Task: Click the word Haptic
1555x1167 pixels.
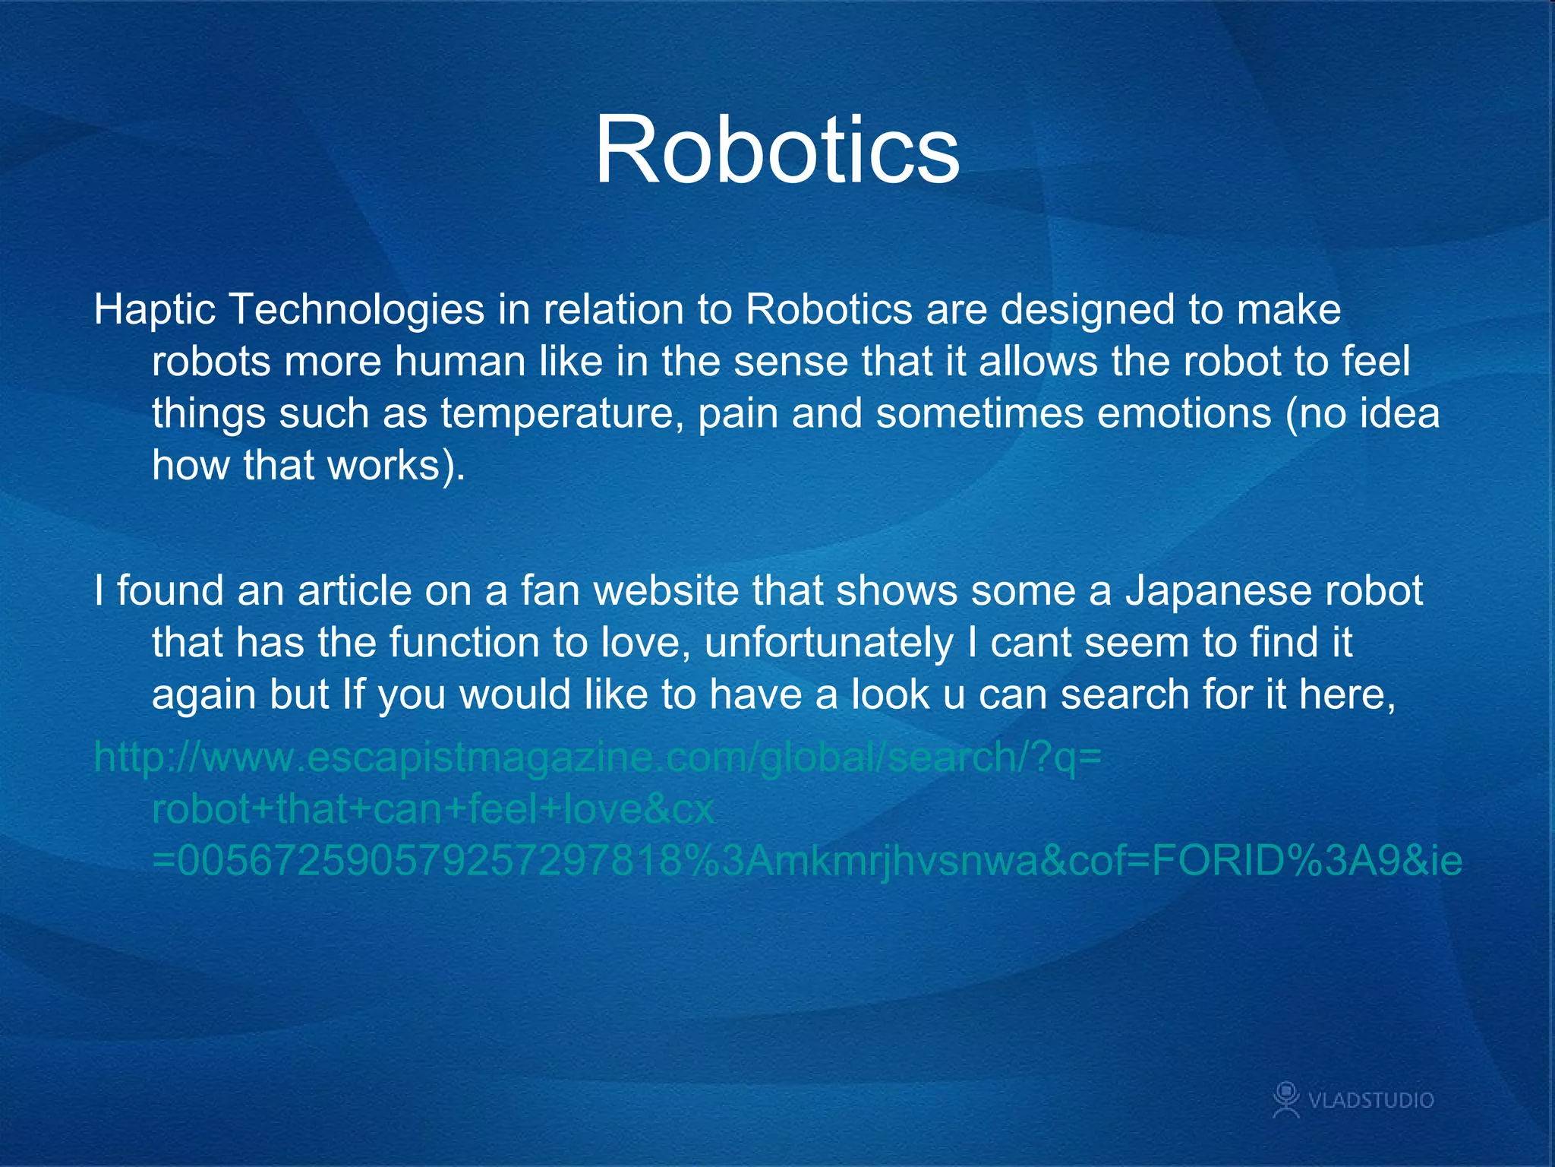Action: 155,310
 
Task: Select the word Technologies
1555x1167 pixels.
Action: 356,310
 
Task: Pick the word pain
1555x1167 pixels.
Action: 737,414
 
